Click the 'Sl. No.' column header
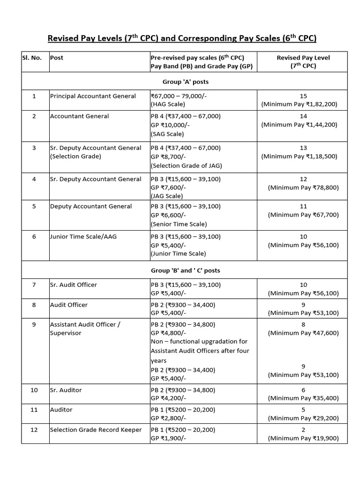(32, 58)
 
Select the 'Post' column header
(57, 58)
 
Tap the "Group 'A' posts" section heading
(185, 82)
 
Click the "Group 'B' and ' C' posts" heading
(185, 270)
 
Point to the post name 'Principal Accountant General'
(93, 96)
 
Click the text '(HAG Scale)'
(168, 105)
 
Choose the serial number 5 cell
(34, 206)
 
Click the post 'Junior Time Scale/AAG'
(83, 237)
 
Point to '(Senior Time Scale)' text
(179, 224)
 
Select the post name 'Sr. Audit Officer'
(74, 285)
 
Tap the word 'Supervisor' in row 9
(66, 333)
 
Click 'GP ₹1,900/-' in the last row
(168, 439)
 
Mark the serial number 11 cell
(34, 410)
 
